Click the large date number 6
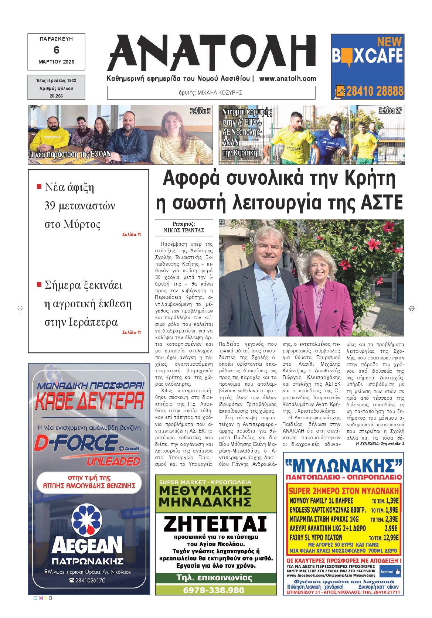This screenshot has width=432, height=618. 56,50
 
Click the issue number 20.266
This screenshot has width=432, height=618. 56,96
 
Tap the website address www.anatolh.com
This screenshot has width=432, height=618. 288,79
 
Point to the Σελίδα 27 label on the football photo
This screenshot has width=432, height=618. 390,110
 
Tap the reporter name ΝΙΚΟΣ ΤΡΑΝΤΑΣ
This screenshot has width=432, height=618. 184,230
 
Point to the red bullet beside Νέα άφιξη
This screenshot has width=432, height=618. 39,187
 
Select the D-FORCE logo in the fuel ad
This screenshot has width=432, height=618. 76,443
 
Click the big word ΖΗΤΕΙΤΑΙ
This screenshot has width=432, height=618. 215,523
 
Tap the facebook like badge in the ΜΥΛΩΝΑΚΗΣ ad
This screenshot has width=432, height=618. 390,571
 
